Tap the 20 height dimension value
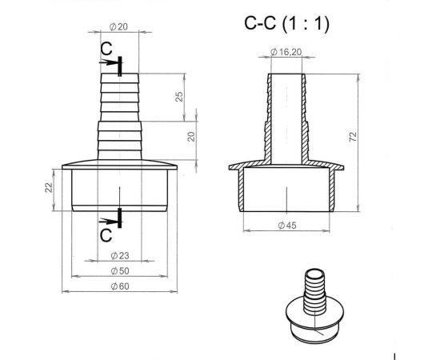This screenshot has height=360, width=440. click(x=191, y=136)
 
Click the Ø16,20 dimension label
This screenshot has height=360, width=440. click(x=286, y=52)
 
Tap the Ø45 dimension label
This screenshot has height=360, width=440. click(x=286, y=226)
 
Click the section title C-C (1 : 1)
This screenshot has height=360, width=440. click(x=286, y=23)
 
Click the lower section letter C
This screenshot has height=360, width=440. click(x=106, y=234)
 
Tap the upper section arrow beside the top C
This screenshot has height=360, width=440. click(x=118, y=63)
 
